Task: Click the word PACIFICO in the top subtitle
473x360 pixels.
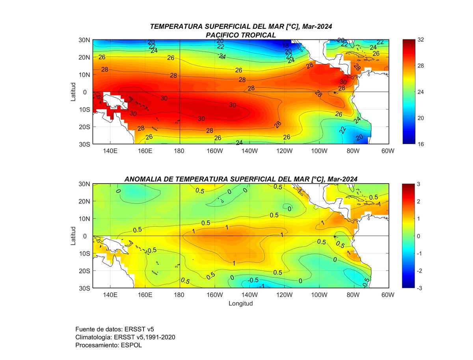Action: (221, 35)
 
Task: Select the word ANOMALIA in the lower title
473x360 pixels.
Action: (143, 179)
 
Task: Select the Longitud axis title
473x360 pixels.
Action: (240, 304)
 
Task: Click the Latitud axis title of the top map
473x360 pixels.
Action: (73, 92)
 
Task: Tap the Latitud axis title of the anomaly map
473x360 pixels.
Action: (73, 236)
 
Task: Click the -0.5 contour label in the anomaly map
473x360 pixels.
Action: (253, 280)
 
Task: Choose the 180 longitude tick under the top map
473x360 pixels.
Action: (180, 151)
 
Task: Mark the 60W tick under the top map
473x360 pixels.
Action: (388, 151)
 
